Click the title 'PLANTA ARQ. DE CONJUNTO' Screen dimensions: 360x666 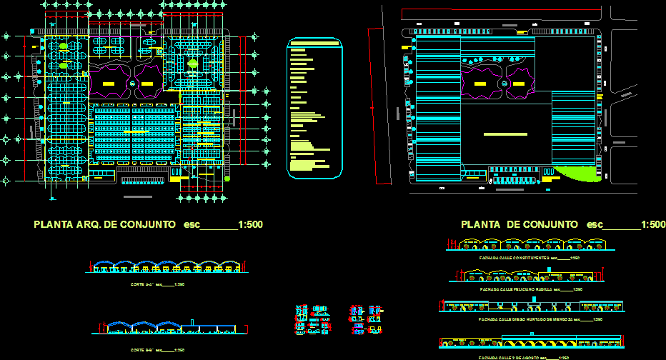[104, 224]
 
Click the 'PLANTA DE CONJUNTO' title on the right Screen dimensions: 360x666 [519, 224]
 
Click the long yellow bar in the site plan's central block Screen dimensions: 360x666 [505, 134]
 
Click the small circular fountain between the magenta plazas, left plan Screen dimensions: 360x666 [132, 84]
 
